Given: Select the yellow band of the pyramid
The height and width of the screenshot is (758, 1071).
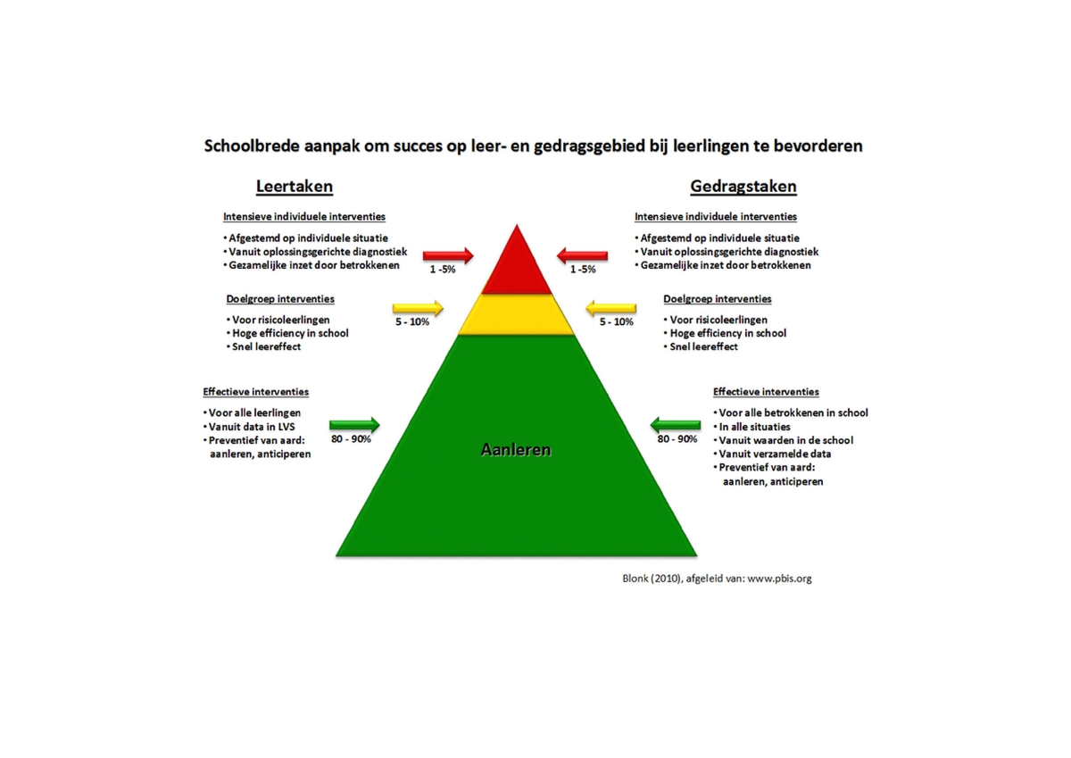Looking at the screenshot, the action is coord(517,314).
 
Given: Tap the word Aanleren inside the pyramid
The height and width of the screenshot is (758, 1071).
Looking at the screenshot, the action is coord(516,450).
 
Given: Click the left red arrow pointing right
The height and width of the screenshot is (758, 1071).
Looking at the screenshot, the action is coord(448,255).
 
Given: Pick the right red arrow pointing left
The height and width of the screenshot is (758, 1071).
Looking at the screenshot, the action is coord(582,255).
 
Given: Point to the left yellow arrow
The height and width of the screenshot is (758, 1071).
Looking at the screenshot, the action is coord(418,308).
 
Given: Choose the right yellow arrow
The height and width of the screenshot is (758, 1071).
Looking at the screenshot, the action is coord(611,308).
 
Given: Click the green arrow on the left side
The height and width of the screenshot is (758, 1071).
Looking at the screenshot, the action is coord(354,425).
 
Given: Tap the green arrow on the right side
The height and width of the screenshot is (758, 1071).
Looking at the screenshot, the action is coord(675,425).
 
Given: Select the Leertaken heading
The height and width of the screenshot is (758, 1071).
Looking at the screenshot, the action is coord(294,186).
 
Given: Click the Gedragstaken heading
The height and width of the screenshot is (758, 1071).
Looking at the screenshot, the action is coord(743,186).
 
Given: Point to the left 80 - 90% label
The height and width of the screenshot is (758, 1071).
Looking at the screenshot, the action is coord(351,439).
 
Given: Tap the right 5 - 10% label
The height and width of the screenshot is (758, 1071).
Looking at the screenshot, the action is coord(617,321).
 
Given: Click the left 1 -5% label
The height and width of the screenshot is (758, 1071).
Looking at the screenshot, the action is coord(443,270).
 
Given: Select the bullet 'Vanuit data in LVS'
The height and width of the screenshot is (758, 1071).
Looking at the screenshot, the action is coord(249,427).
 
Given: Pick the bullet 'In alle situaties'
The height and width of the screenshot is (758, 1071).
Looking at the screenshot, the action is coord(751,427).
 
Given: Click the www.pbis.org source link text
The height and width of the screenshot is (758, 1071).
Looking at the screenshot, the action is coord(779,579).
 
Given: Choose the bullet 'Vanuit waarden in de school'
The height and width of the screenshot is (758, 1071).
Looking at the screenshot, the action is coord(784,440).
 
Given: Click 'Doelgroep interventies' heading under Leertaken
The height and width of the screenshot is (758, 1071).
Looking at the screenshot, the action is coord(280,299).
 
